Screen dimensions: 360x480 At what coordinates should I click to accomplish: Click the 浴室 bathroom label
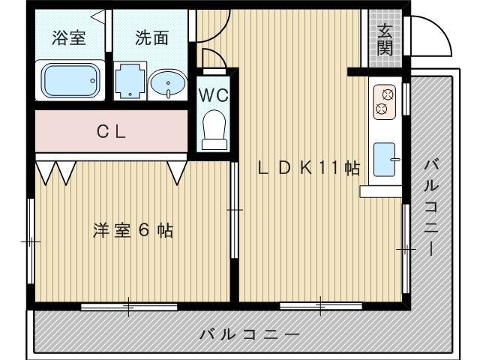click(68, 38)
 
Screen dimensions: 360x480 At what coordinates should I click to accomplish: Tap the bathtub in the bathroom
click(70, 79)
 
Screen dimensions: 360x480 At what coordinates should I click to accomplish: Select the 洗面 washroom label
click(152, 38)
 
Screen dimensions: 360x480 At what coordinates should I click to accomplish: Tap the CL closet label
click(111, 132)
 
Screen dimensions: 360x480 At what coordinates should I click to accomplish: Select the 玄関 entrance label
click(385, 40)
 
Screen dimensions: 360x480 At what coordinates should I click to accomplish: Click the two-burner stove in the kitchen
click(385, 103)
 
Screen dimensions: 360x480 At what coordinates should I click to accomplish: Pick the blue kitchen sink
click(386, 158)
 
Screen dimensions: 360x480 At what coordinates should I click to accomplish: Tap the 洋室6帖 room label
click(133, 231)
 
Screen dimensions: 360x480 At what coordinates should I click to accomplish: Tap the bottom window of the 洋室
click(129, 306)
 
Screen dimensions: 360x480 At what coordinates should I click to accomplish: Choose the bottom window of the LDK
click(321, 306)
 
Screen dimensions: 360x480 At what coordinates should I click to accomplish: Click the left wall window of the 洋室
click(31, 241)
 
